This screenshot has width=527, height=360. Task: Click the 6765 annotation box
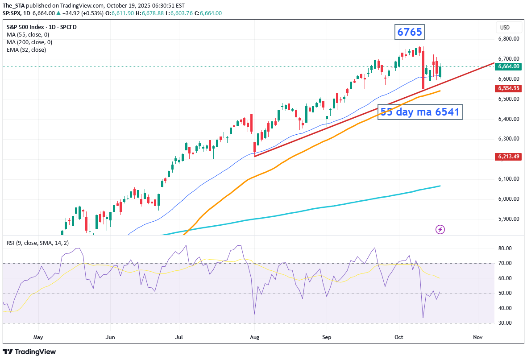point(409,32)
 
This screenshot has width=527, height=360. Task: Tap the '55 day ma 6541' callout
point(419,112)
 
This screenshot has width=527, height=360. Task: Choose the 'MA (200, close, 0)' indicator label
point(29,42)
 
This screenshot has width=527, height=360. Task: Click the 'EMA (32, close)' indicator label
point(26,50)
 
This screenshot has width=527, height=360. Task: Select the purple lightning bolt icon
point(440,229)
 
